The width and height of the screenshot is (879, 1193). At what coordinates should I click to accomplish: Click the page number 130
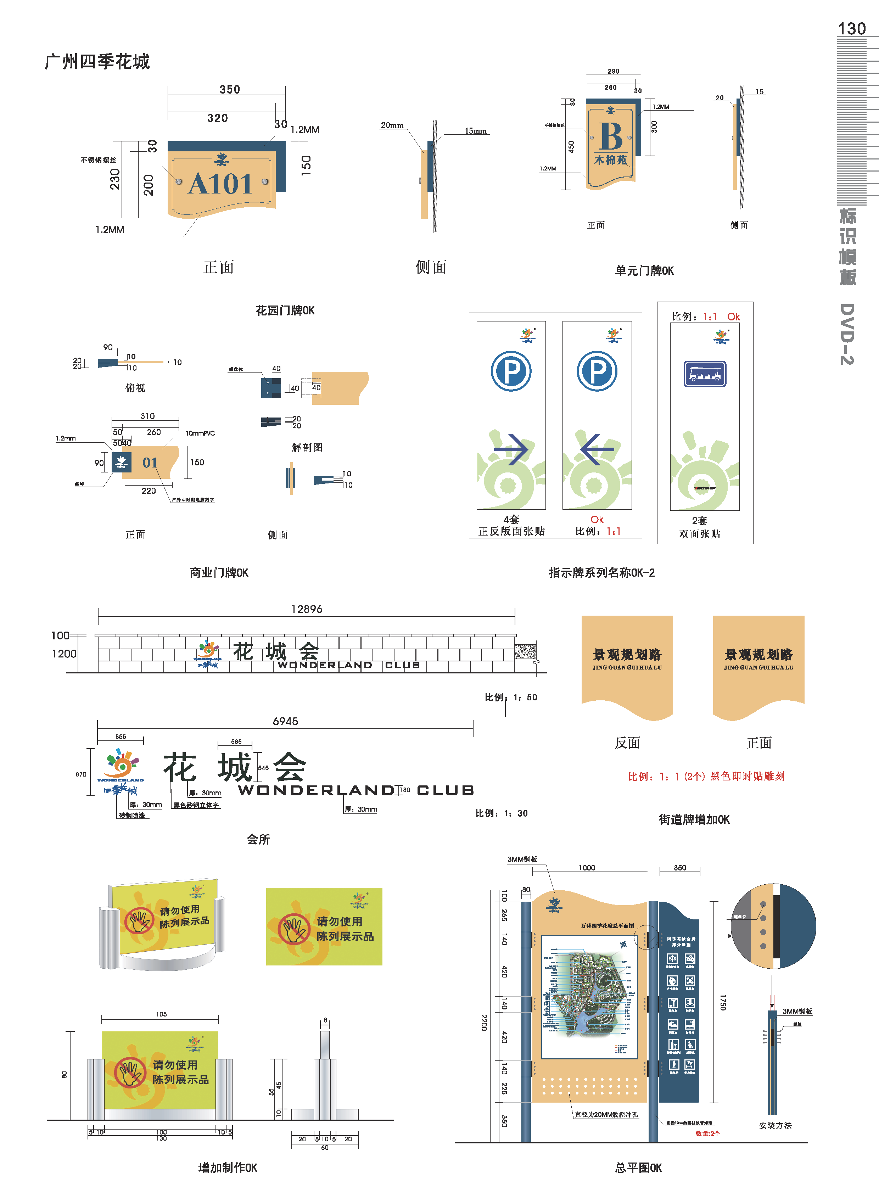coord(851,29)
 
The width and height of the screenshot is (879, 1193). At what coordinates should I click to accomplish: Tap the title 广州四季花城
coord(97,62)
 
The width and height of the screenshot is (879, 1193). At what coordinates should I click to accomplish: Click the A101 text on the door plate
coord(220,184)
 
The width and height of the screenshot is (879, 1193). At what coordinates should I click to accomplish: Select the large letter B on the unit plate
coord(610,137)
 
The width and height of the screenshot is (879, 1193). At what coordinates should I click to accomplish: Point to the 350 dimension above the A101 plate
coord(230,89)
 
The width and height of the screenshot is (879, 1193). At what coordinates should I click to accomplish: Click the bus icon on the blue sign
coord(705,374)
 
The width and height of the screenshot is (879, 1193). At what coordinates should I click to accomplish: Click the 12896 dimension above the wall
coord(307,609)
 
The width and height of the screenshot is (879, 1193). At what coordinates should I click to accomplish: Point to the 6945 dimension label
coord(285,722)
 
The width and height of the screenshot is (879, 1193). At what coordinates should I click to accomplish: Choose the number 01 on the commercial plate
coord(150,463)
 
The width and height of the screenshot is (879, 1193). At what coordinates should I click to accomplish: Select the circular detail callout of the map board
coord(773,926)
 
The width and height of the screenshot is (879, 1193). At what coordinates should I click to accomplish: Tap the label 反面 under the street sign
coord(627,743)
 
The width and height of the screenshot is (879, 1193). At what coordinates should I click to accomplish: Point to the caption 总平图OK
coord(638,1168)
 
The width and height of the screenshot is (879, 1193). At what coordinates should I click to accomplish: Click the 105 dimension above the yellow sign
coord(161,1014)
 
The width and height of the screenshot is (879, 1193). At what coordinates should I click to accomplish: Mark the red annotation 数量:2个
coord(708,1133)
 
